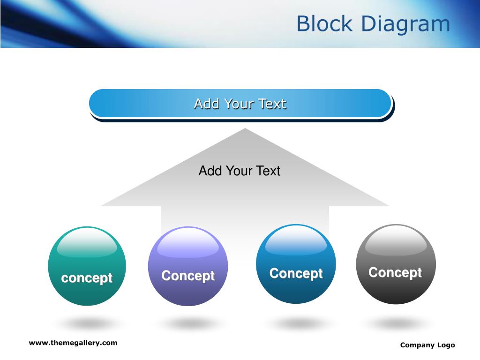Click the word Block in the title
(x=324, y=23)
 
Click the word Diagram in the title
(x=405, y=24)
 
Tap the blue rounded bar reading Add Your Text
(x=240, y=104)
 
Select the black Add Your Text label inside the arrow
(x=240, y=171)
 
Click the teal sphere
(x=87, y=266)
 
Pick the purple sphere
(x=188, y=266)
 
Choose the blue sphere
(x=296, y=264)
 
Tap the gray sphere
(x=396, y=264)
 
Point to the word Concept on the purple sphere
(x=188, y=276)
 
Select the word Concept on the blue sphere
(x=296, y=273)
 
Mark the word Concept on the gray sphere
(x=395, y=272)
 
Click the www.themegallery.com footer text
(x=73, y=343)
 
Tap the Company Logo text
(x=427, y=345)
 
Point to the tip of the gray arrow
(x=245, y=128)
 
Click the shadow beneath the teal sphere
(x=87, y=323)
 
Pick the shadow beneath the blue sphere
(x=296, y=323)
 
